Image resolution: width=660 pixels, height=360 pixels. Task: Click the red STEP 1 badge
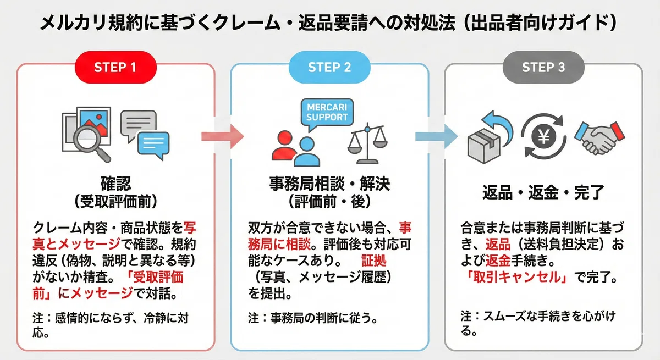coord(116,67)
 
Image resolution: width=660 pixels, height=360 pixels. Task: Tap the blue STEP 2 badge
coord(329,67)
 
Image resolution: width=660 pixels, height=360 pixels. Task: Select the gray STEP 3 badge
coord(543,67)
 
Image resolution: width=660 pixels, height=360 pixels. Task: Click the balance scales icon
coord(367,143)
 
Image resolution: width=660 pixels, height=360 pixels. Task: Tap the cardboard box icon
coord(484,146)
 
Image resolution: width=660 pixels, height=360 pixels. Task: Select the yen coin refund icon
coord(543,137)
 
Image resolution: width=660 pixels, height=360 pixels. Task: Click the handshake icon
coord(600,138)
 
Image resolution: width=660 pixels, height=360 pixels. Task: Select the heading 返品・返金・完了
coord(543,192)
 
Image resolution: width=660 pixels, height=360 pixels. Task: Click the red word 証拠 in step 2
coord(373,261)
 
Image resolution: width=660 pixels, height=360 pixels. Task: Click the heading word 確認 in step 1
coord(116,184)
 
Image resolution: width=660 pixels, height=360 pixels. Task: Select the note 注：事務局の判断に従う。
coord(313,318)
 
